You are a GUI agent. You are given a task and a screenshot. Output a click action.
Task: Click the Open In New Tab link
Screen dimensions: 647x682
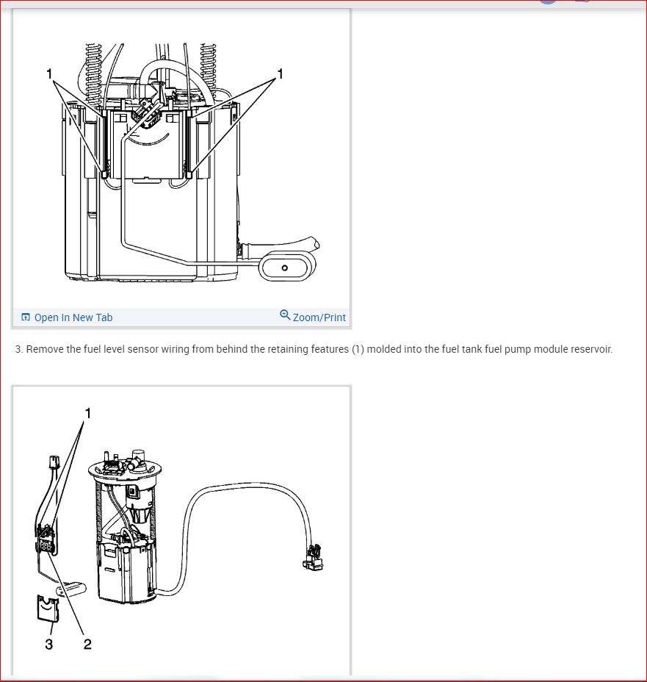pyautogui.click(x=73, y=317)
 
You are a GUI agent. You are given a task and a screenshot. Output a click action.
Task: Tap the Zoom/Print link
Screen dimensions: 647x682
pyautogui.click(x=319, y=317)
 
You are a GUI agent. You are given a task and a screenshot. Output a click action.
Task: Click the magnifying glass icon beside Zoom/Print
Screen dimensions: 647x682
pyautogui.click(x=285, y=315)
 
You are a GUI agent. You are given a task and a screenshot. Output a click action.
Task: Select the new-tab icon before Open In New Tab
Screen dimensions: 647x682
pyautogui.click(x=26, y=317)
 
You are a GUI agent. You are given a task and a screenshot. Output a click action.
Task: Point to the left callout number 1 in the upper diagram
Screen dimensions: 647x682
pyautogui.click(x=49, y=74)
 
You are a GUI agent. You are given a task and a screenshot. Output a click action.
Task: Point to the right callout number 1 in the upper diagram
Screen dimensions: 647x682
pyautogui.click(x=281, y=74)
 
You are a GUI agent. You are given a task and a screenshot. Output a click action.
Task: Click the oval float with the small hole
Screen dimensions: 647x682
pyautogui.click(x=287, y=267)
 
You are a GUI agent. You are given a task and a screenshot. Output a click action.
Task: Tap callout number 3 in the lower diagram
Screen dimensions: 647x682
pyautogui.click(x=48, y=644)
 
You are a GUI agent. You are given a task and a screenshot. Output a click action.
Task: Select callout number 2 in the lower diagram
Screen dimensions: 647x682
pyautogui.click(x=87, y=644)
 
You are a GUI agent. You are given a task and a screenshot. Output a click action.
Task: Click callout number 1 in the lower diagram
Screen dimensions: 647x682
pyautogui.click(x=88, y=413)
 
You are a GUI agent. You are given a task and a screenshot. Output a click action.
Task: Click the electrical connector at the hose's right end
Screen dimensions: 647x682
pyautogui.click(x=313, y=557)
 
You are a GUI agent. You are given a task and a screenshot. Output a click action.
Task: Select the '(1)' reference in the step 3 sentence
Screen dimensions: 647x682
pyautogui.click(x=358, y=349)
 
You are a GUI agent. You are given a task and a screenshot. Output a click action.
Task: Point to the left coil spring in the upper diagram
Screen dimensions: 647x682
pyautogui.click(x=94, y=74)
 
